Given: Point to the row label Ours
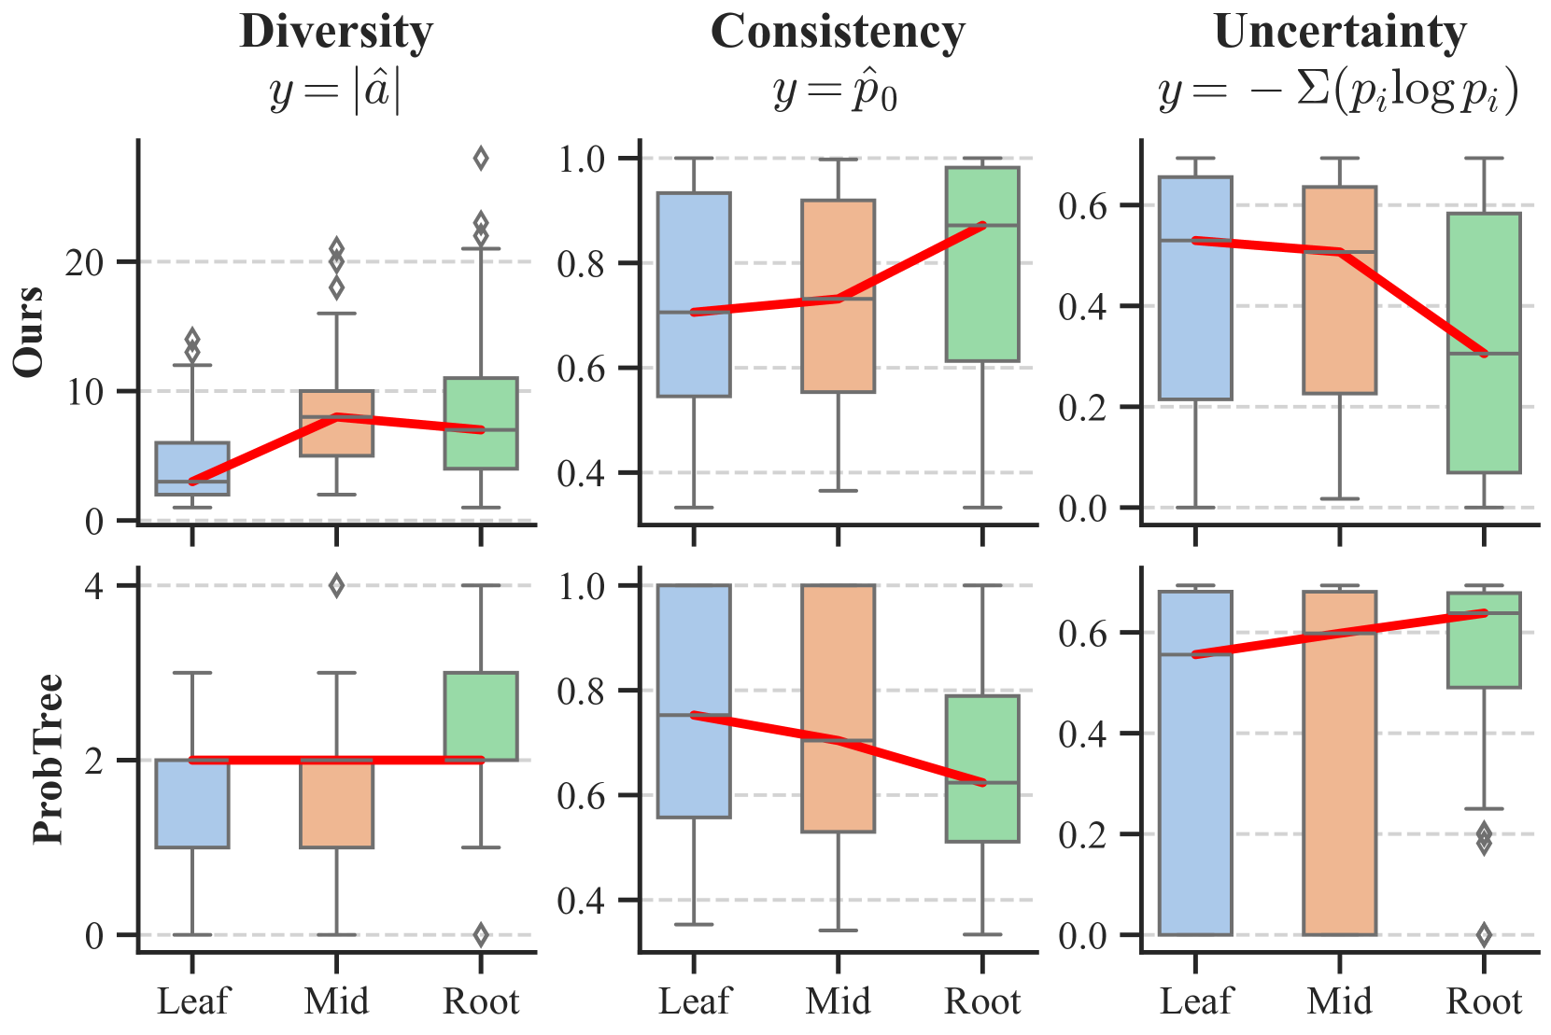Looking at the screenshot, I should [30, 331].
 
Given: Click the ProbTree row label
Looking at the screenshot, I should [48, 759].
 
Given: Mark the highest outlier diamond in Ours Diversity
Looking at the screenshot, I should [481, 159].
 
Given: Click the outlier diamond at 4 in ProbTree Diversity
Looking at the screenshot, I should [336, 586].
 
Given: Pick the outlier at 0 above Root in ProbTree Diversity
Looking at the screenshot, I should [481, 934].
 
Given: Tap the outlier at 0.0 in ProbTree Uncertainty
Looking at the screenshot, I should [1484, 934].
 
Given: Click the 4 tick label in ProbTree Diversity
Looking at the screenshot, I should [94, 586].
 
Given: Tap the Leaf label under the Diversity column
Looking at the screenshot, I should [192, 1001].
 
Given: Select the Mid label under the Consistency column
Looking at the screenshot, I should [838, 1001].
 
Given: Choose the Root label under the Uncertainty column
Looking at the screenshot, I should [1484, 1001].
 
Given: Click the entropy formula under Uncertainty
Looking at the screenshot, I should [1339, 91].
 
